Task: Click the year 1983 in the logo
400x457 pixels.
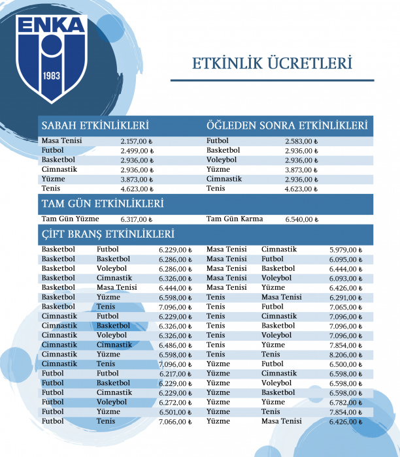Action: pyautogui.click(x=52, y=76)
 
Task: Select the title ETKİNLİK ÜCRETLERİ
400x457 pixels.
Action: pyautogui.click(x=272, y=63)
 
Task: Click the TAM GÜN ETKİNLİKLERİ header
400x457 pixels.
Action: pyautogui.click(x=102, y=204)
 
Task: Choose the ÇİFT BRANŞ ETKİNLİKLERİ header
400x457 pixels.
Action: pyautogui.click(x=108, y=234)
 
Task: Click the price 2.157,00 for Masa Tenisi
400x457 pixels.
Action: pyautogui.click(x=136, y=141)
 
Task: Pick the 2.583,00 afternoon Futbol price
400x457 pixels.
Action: pyautogui.click(x=301, y=141)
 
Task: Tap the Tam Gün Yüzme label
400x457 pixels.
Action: pyautogui.click(x=70, y=219)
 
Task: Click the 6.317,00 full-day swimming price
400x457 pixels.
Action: pyautogui.click(x=136, y=220)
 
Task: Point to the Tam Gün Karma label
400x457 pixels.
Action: pyautogui.click(x=235, y=219)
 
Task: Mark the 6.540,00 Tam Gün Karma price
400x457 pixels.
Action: pyautogui.click(x=301, y=220)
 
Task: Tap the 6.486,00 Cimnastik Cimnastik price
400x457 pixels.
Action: pyautogui.click(x=175, y=345)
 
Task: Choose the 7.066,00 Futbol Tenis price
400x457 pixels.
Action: pyautogui.click(x=175, y=422)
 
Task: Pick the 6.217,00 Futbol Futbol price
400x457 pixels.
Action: pyautogui.click(x=175, y=374)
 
